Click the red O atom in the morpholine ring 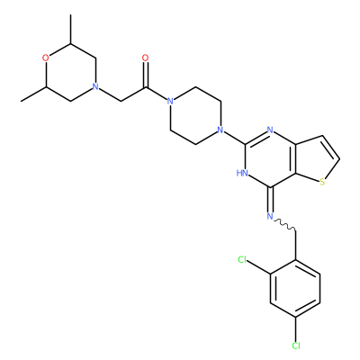(x=46, y=58)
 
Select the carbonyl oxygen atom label (x=146, y=58)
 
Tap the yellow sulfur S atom (x=322, y=182)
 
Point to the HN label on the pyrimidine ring (x=242, y=173)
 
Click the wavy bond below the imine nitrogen (x=284, y=224)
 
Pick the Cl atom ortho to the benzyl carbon (x=243, y=259)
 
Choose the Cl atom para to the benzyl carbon (x=296, y=346)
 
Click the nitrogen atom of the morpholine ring (x=95, y=86)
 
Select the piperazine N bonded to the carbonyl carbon (x=170, y=101)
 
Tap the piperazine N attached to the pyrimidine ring (x=220, y=130)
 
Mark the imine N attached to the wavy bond (x=270, y=216)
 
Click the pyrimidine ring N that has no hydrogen (x=270, y=130)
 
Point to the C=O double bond (x=146, y=75)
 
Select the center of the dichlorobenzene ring (x=295, y=288)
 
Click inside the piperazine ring (x=195, y=115)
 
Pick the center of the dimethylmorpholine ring (x=70, y=72)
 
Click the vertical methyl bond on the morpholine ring (x=70, y=29)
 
